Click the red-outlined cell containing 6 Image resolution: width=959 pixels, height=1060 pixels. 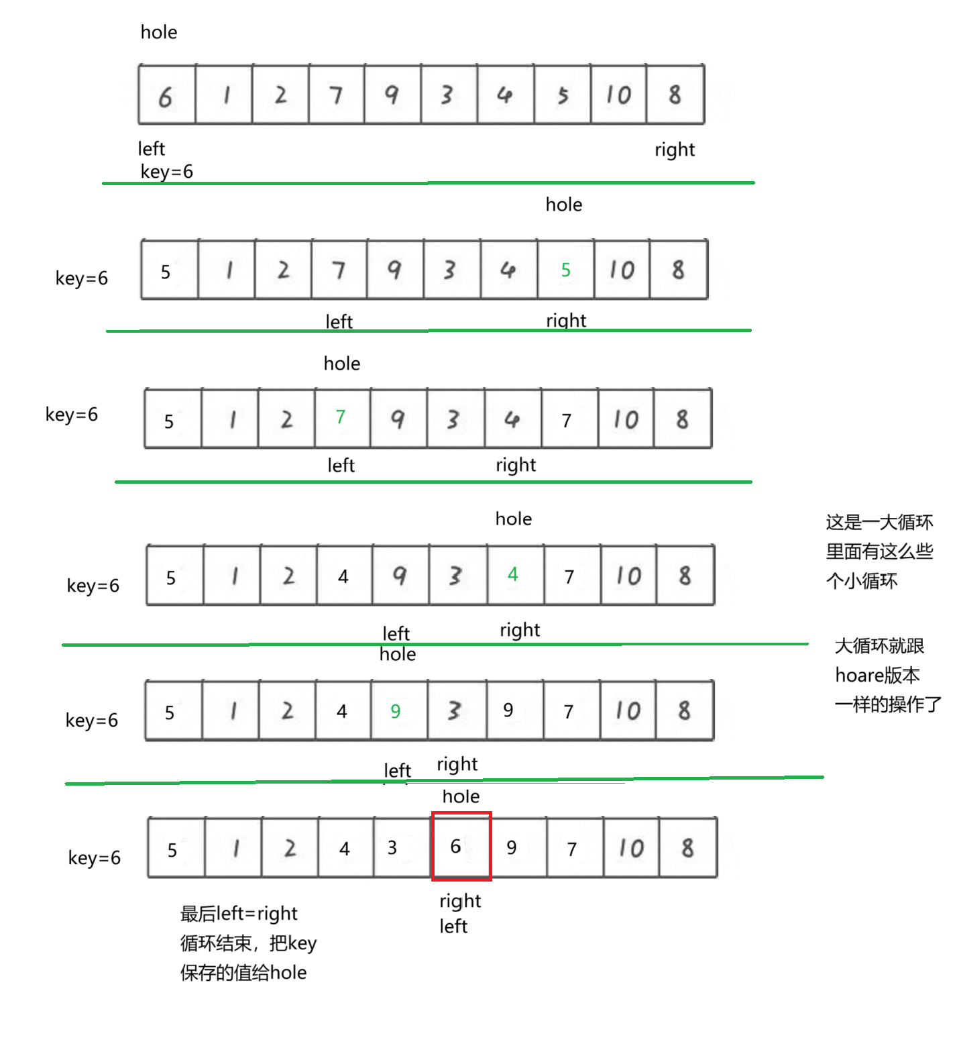(x=461, y=846)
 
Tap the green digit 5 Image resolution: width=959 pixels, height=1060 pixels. (x=566, y=270)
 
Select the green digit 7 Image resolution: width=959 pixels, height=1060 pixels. (x=341, y=417)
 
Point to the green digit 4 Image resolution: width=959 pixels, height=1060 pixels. (x=513, y=574)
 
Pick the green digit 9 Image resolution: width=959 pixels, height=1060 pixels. (x=396, y=711)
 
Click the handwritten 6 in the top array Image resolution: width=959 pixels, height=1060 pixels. (x=166, y=97)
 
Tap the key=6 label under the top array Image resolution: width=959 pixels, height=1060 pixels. (x=166, y=172)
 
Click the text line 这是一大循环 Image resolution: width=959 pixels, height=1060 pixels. (x=879, y=522)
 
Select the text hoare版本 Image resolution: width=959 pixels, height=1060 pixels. (x=877, y=675)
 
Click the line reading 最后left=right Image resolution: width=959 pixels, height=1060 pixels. (x=239, y=914)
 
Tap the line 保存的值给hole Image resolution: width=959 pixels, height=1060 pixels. (x=243, y=973)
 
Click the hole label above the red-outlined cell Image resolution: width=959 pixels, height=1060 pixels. (x=461, y=796)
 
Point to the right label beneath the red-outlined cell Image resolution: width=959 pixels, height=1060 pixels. (x=460, y=901)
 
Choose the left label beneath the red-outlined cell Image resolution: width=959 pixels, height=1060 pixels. (x=453, y=926)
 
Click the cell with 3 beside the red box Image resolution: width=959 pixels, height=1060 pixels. (x=392, y=847)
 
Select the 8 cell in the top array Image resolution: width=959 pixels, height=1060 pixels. (x=675, y=95)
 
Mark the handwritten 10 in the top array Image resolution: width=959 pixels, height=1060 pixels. (x=618, y=95)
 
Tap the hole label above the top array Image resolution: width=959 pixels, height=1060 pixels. (x=159, y=32)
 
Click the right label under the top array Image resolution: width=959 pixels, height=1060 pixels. (x=675, y=150)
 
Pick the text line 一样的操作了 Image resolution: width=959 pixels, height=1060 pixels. (x=888, y=704)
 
